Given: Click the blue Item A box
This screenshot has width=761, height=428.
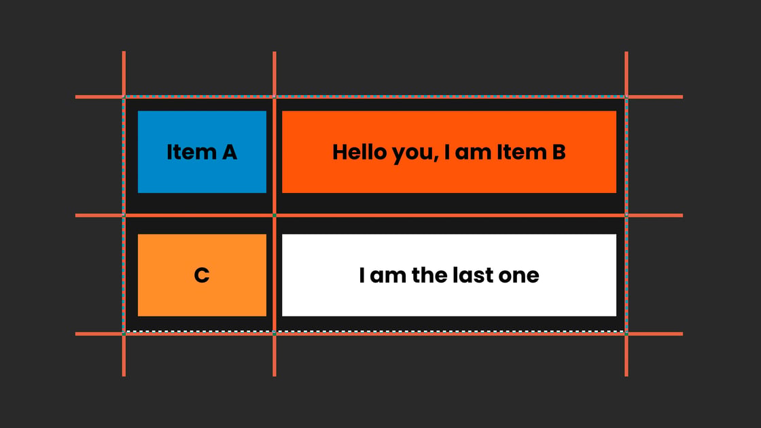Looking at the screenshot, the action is click(202, 152).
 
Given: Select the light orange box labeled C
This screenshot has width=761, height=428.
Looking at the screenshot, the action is click(202, 275).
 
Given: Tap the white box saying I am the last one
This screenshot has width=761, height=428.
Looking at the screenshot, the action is click(449, 275).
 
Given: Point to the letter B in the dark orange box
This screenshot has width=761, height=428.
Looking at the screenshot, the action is click(559, 152).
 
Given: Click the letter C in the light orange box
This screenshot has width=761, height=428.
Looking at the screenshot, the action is click(202, 275).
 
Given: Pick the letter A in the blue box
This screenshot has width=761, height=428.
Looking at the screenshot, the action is click(230, 152).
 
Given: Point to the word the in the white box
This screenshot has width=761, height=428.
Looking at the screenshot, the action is click(429, 275).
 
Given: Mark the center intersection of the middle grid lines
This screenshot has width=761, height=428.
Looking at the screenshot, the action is click(275, 215).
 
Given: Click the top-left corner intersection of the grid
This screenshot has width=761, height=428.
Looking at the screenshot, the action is click(124, 96).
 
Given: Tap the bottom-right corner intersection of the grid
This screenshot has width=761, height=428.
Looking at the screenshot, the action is click(626, 334).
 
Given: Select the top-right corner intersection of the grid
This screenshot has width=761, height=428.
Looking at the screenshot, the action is click(626, 96).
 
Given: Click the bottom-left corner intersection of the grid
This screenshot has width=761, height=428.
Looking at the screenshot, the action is click(124, 334).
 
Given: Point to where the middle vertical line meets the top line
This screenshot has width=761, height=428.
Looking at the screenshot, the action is click(275, 96).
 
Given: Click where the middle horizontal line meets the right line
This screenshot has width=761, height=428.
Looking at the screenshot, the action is click(626, 215).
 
